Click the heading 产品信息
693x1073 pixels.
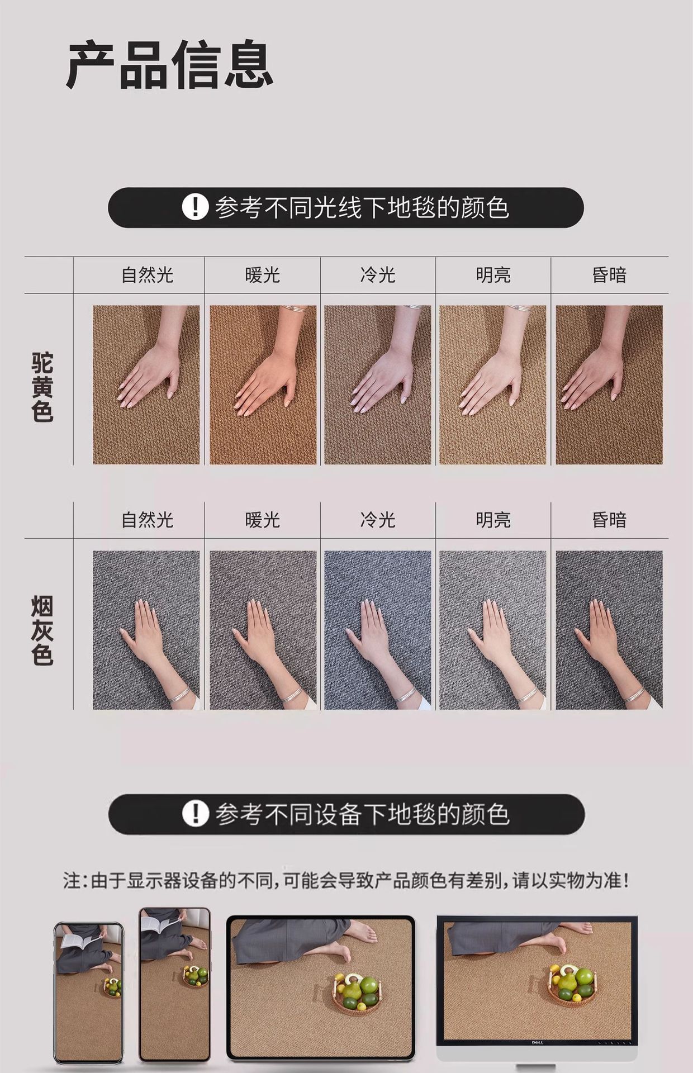(170, 65)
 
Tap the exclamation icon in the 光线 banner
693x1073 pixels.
(195, 207)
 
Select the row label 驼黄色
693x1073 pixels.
(42, 387)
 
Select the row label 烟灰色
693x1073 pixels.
(42, 631)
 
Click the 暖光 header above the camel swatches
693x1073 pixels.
(263, 275)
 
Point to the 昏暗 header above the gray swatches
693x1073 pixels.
(609, 520)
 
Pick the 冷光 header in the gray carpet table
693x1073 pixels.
(378, 520)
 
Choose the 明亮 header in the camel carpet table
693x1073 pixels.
(493, 275)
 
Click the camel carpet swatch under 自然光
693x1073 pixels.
(146, 384)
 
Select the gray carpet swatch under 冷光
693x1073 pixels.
(378, 630)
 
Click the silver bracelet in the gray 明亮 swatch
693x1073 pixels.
(526, 695)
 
